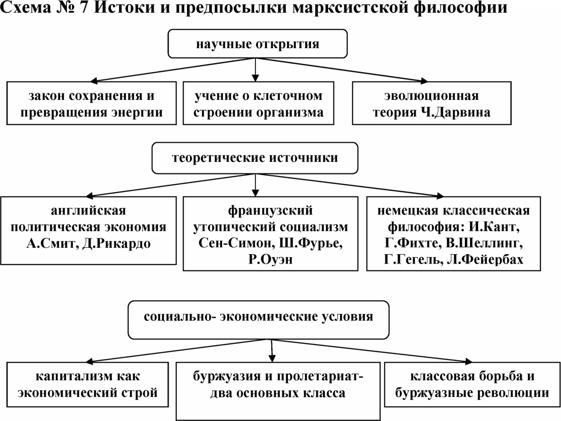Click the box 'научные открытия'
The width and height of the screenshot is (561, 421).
point(258,44)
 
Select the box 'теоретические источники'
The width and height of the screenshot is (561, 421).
point(255,158)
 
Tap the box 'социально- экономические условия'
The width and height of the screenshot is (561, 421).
point(258,320)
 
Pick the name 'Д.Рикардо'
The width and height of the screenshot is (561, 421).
point(116,244)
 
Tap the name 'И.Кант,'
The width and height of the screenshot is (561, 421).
point(494,227)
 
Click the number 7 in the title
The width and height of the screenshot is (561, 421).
point(83,7)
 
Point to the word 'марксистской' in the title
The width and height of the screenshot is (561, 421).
point(350,7)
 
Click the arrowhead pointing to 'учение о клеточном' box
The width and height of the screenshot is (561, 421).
point(255,78)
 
